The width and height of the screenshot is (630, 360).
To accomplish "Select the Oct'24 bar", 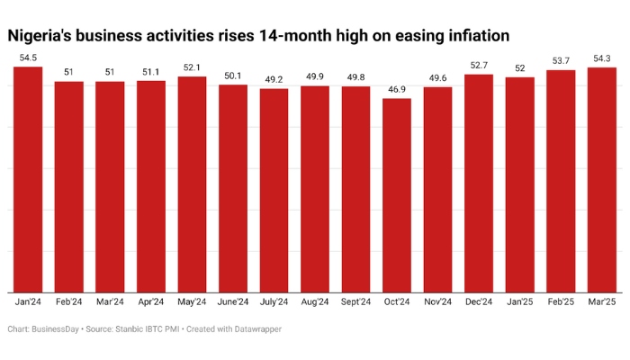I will [x=396, y=193].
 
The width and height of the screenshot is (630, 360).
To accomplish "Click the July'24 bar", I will [x=274, y=189].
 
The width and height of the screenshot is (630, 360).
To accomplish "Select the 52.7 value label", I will [x=479, y=66].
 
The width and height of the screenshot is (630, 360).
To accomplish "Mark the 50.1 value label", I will [x=232, y=76].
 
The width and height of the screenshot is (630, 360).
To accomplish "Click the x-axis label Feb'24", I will [x=68, y=302].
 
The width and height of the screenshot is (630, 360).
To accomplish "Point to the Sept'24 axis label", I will [x=355, y=302].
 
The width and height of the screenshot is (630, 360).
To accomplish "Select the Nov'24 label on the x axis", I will [x=437, y=302].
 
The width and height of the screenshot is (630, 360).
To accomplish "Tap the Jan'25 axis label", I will [x=519, y=302].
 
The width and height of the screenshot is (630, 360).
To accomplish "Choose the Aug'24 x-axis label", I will [x=314, y=302].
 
